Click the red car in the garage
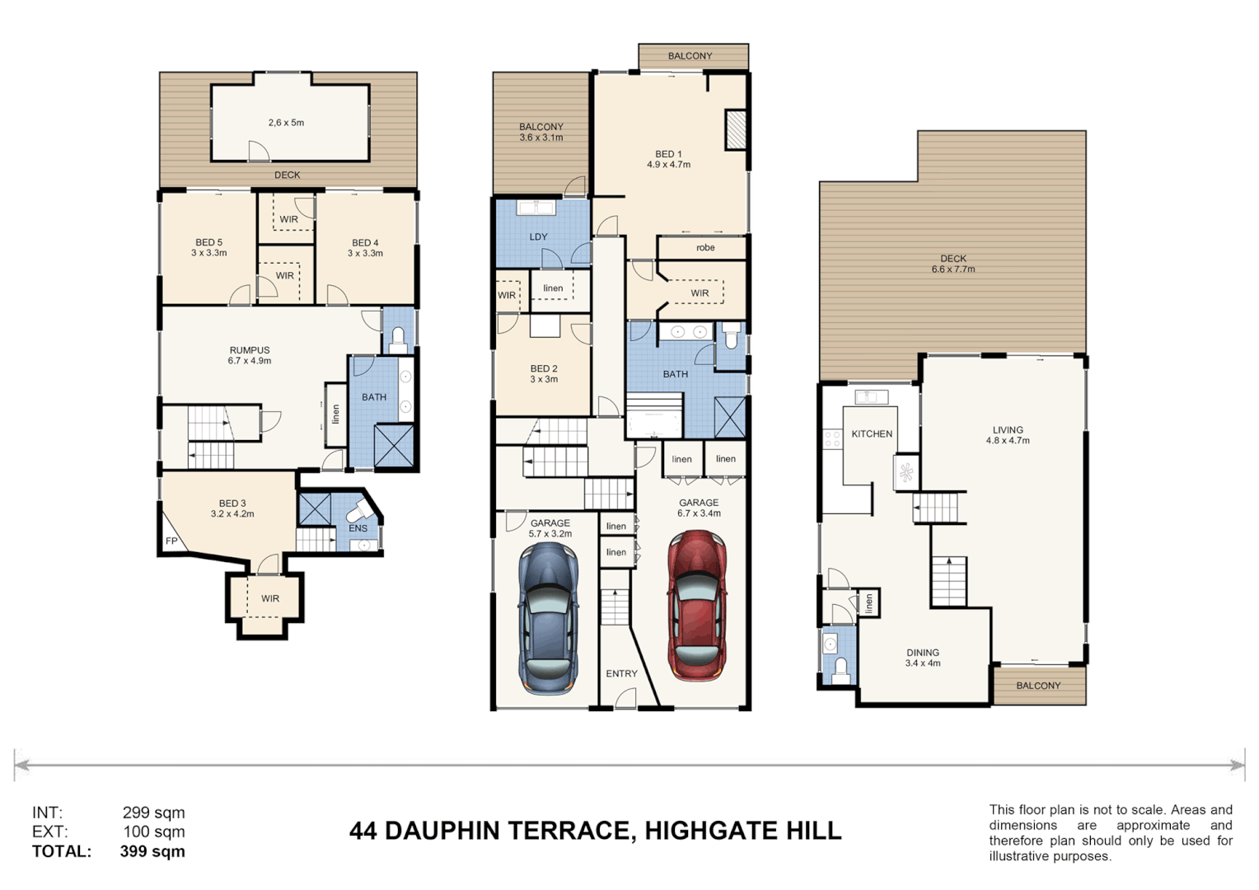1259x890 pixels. [x=696, y=606]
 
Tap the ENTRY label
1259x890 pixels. [x=621, y=673]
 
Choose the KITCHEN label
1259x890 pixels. [x=872, y=433]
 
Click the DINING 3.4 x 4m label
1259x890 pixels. [x=922, y=658]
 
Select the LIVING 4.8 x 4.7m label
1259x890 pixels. [x=1007, y=435]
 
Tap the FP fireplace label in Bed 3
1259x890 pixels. [x=171, y=541]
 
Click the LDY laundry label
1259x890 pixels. [x=538, y=237]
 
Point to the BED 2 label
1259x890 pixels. [x=544, y=374]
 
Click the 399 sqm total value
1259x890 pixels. [x=152, y=851]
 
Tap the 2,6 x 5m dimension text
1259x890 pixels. [x=286, y=123]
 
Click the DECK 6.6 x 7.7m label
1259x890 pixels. [x=952, y=264]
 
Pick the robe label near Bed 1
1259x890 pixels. [x=705, y=247]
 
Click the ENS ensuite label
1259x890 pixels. [x=358, y=528]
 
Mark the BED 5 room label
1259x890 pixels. [x=208, y=248]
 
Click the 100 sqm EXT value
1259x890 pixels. [x=154, y=831]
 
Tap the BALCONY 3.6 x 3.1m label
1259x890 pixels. [x=541, y=132]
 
